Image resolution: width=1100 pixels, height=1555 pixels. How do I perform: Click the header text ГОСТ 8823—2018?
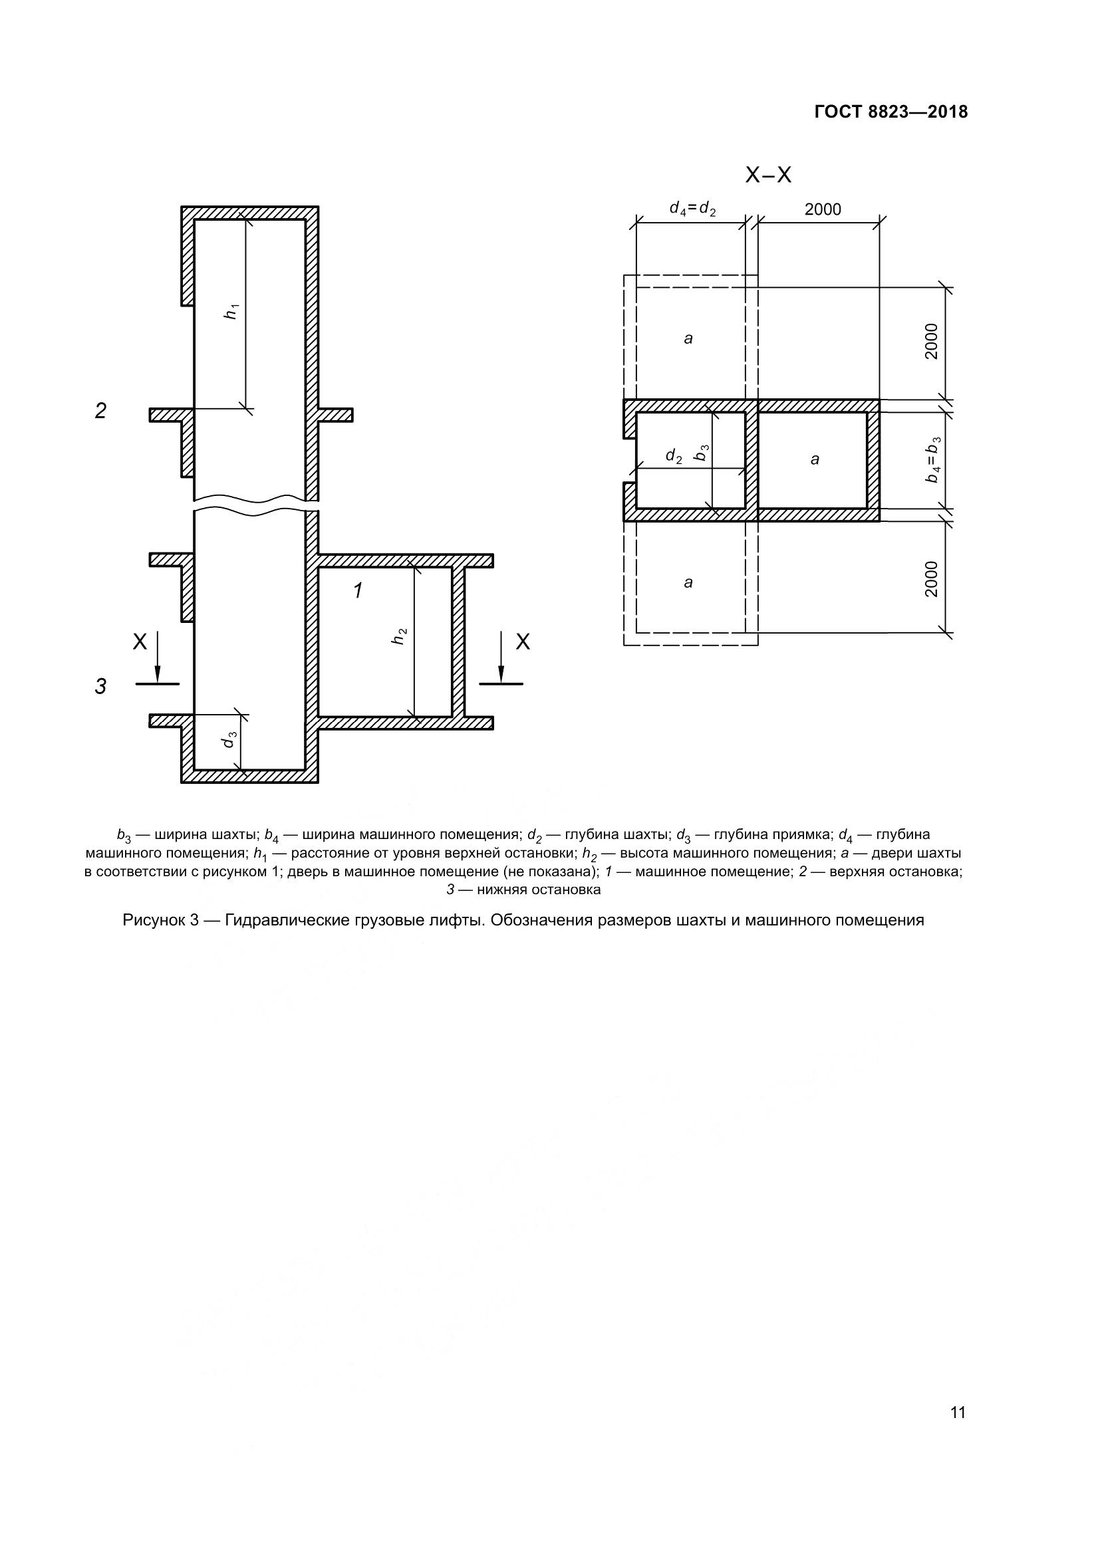pos(891,112)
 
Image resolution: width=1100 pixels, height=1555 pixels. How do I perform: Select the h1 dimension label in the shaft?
pos(232,312)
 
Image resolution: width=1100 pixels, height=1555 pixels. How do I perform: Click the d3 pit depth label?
pos(229,739)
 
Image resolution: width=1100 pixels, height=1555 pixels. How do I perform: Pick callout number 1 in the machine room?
pos(358,591)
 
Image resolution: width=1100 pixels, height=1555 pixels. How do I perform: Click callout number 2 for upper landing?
pos(100,411)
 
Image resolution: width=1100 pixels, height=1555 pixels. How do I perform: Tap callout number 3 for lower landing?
pos(100,687)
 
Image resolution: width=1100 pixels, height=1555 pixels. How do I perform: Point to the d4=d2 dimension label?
pos(692,209)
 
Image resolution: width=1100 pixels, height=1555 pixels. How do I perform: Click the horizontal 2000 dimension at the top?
pos(822,210)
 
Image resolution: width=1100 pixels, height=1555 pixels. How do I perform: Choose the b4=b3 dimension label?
pos(933,459)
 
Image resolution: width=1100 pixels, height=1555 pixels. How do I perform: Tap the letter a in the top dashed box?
pos(688,338)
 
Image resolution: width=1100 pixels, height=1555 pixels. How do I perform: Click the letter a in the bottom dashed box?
pos(688,582)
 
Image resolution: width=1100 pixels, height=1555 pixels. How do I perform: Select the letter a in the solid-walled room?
pos(815,460)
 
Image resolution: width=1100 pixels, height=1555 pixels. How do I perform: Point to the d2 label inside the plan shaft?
pos(673,457)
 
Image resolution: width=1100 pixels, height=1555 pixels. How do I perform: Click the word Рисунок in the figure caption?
pos(154,920)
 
